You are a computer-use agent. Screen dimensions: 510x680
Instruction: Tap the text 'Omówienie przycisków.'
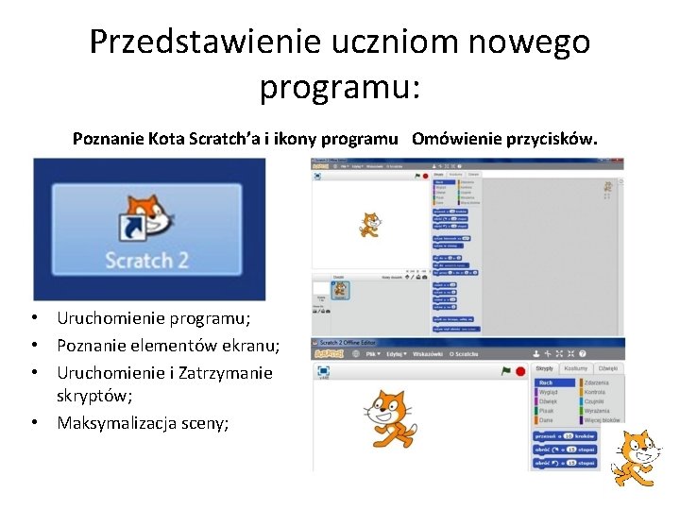point(504,140)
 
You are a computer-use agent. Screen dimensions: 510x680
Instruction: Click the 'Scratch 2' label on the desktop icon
point(146,260)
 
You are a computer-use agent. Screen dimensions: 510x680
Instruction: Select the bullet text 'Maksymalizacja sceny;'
point(143,422)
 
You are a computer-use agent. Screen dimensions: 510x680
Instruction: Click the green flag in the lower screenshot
point(506,371)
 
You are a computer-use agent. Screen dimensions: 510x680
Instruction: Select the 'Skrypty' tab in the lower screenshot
point(545,368)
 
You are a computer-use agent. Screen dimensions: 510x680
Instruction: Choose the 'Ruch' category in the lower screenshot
point(546,382)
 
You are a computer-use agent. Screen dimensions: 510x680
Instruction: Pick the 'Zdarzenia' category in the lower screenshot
point(597,382)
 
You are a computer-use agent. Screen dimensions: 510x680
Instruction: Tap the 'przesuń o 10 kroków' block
point(565,435)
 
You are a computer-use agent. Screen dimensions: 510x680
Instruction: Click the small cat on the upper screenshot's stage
point(368,225)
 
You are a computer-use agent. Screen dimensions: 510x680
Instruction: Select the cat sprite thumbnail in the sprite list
point(339,291)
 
